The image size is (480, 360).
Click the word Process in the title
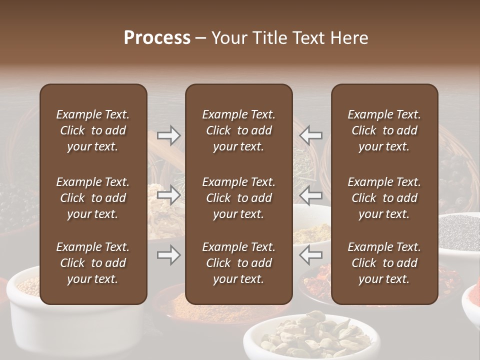[x=157, y=38]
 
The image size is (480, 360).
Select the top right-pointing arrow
[x=168, y=135]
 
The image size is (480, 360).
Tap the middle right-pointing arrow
[x=168, y=195]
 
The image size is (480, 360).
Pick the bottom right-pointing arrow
[x=168, y=255]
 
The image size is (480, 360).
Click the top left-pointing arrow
[x=311, y=135]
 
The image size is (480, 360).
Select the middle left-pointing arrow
[x=311, y=195]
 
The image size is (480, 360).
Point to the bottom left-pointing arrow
[x=311, y=255]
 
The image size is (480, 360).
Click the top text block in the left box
[x=93, y=130]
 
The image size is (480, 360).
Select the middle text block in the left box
[x=93, y=198]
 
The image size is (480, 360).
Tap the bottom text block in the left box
[x=93, y=263]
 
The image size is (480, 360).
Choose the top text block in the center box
[x=239, y=130]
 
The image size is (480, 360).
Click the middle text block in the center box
[x=239, y=198]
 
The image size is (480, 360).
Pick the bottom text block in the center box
[x=239, y=263]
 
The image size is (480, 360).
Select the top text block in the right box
[x=384, y=130]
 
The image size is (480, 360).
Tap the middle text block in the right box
[x=384, y=198]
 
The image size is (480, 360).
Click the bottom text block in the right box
[x=384, y=263]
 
